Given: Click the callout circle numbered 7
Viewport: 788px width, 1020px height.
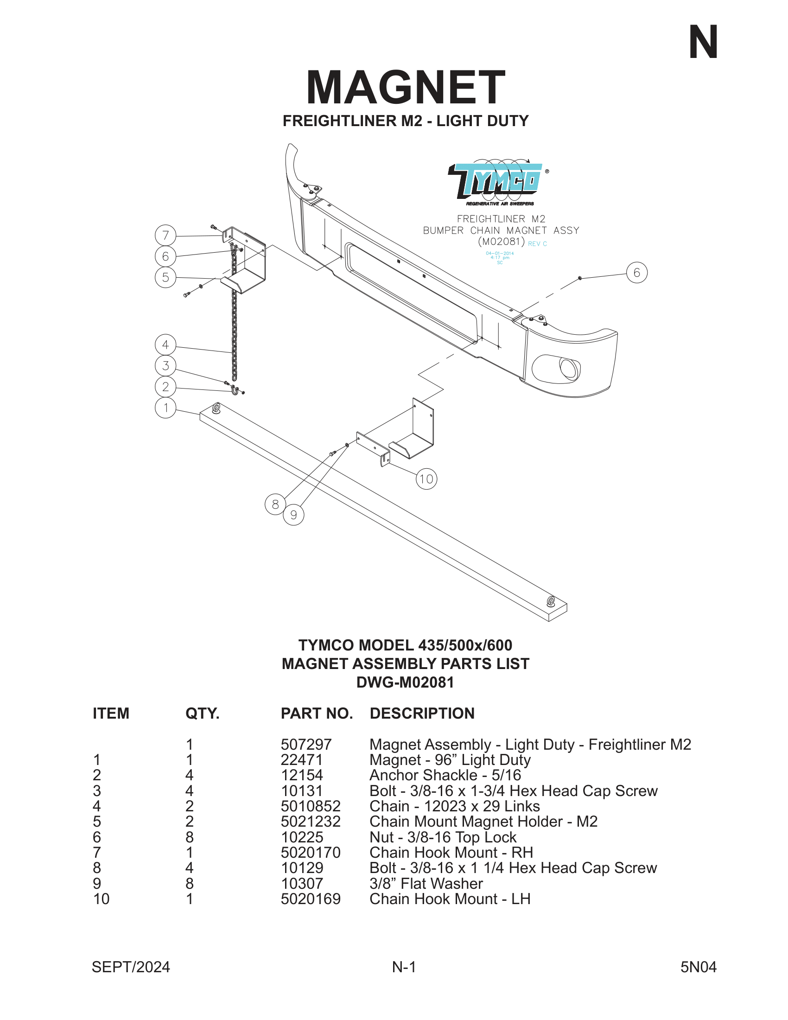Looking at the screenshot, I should click(x=165, y=236).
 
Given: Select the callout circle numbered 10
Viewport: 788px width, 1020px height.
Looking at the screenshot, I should click(x=426, y=479).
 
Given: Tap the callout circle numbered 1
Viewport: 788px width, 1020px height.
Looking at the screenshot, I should click(x=165, y=408).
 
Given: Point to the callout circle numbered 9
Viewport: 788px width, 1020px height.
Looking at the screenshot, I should click(x=293, y=515).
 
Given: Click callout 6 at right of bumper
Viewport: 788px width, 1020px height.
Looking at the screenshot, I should click(x=636, y=273).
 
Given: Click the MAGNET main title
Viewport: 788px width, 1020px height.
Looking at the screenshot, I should click(x=405, y=87).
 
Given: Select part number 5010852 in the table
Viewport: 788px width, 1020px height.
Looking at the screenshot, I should click(x=311, y=806).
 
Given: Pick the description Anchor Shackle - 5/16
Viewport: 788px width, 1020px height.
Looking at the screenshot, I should click(x=445, y=775).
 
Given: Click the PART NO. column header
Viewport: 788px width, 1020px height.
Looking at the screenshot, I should click(x=317, y=714).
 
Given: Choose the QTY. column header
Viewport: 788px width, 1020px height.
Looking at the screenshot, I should click(x=202, y=714).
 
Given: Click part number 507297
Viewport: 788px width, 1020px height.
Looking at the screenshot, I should click(x=306, y=745).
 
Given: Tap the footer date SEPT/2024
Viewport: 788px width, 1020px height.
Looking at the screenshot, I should click(x=131, y=967).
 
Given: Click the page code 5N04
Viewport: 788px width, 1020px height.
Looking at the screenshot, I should click(x=698, y=967).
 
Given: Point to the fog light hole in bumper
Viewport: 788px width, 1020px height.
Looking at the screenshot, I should click(x=568, y=369).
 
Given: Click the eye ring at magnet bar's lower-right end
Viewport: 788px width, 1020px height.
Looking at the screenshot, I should click(x=551, y=601).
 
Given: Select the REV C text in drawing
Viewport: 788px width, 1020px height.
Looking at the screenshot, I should click(x=537, y=244).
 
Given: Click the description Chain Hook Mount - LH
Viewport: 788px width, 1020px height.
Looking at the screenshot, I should click(x=450, y=899).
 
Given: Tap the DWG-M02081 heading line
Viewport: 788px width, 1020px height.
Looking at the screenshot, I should click(x=405, y=682).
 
